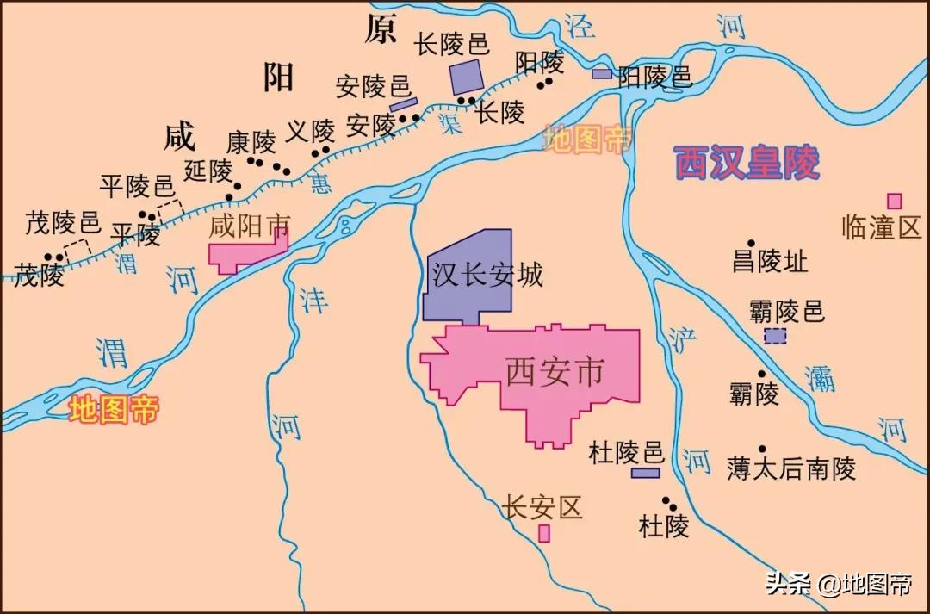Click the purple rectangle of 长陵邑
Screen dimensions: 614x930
pyautogui.click(x=467, y=77)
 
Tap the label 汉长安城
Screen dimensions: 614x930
pyautogui.click(x=487, y=276)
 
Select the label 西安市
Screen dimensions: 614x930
pyautogui.click(x=555, y=373)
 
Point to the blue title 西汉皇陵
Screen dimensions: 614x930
pyautogui.click(x=746, y=162)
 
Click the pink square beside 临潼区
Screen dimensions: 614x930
pyautogui.click(x=895, y=202)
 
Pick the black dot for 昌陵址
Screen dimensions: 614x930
pyautogui.click(x=751, y=244)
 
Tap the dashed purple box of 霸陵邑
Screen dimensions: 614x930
pyautogui.click(x=775, y=337)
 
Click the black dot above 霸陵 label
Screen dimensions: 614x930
pyautogui.click(x=761, y=374)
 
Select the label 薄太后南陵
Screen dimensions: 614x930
pyautogui.click(x=791, y=468)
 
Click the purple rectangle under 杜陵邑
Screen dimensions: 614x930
pyautogui.click(x=645, y=473)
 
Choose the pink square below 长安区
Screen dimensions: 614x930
pyautogui.click(x=544, y=533)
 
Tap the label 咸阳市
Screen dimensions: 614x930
pyautogui.click(x=250, y=226)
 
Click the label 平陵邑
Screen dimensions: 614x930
pyautogui.click(x=136, y=185)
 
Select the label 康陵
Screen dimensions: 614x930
pyautogui.click(x=251, y=141)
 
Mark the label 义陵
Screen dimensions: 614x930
pyautogui.click(x=310, y=131)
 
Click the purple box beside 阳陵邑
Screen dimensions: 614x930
pyautogui.click(x=602, y=74)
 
